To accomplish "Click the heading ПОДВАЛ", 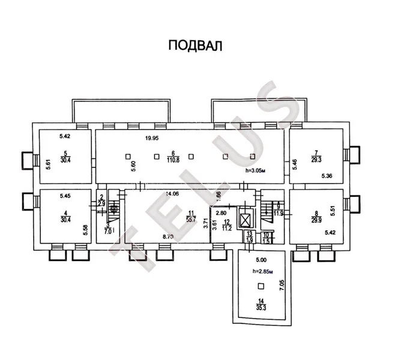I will click(x=194, y=46).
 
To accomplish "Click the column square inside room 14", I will click(x=260, y=286).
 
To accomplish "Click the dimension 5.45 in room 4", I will click(x=65, y=196).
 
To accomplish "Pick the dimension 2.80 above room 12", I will click(x=221, y=213).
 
